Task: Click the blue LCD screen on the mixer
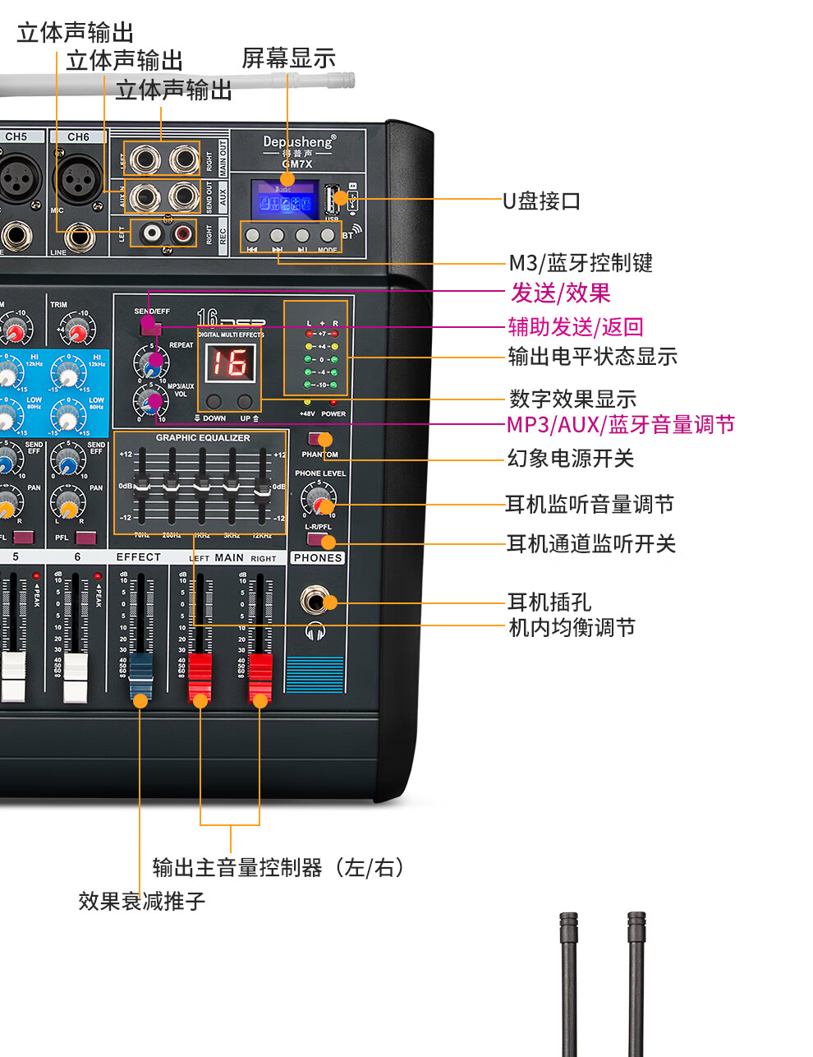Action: point(285,200)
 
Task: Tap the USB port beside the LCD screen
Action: point(332,199)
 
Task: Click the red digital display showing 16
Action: point(230,362)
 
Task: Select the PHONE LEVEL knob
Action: point(318,498)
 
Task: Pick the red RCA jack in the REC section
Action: point(183,233)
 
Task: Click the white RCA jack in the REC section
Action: point(152,233)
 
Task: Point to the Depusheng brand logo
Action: point(299,142)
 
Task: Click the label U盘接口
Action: point(542,201)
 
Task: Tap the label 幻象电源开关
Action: point(571,458)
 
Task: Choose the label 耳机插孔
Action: point(549,602)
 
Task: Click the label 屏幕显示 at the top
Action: point(288,58)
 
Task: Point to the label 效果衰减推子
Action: point(142,901)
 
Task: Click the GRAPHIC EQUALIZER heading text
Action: point(203,438)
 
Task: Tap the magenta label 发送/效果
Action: point(561,293)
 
